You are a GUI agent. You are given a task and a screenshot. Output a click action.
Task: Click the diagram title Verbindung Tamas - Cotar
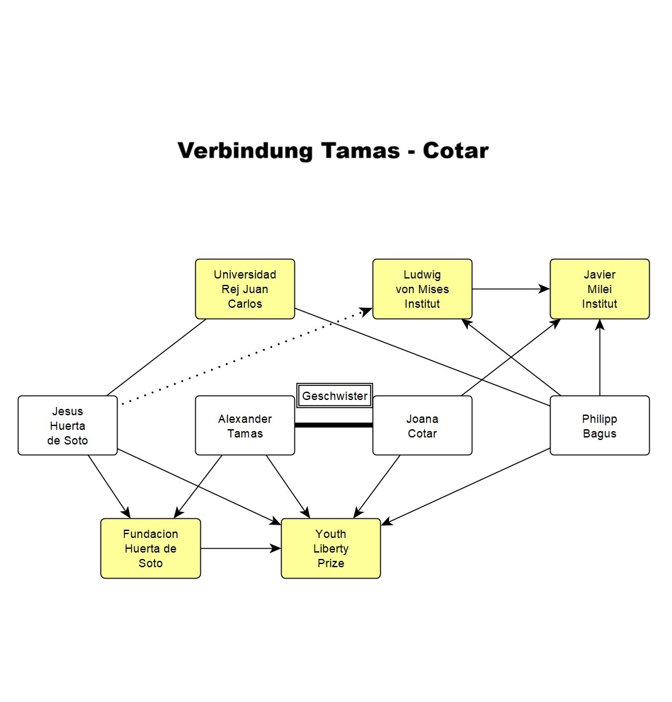click(x=333, y=151)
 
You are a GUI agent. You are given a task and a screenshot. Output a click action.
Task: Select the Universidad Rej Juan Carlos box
click(x=245, y=289)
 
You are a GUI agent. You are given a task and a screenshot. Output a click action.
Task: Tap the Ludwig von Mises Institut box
click(x=422, y=289)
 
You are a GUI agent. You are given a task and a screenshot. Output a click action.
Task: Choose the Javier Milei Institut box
click(x=600, y=289)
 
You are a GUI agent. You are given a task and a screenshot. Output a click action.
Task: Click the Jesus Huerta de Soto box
click(x=67, y=425)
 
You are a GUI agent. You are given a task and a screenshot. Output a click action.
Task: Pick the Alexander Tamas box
click(x=245, y=425)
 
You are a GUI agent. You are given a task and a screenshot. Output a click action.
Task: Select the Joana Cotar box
click(x=422, y=425)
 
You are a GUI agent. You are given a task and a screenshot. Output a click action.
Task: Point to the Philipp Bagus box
click(x=600, y=425)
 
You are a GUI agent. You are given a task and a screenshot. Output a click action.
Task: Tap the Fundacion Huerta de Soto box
click(x=151, y=548)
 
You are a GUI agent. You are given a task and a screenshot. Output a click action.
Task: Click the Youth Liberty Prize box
click(x=331, y=548)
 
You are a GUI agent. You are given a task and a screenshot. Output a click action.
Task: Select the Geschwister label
click(x=334, y=396)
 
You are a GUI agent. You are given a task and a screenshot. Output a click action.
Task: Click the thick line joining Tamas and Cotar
click(x=334, y=425)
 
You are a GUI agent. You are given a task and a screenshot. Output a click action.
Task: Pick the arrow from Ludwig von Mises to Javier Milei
click(x=511, y=289)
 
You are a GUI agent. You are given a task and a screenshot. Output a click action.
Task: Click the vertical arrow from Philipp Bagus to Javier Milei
click(x=600, y=357)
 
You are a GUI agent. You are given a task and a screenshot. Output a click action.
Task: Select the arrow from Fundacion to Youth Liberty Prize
click(x=240, y=548)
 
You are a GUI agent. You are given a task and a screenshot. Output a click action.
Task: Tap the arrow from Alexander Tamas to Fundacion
click(x=198, y=486)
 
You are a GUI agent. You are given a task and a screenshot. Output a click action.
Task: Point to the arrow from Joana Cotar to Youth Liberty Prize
click(x=378, y=486)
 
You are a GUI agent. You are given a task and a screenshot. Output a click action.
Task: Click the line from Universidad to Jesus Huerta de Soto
click(x=156, y=357)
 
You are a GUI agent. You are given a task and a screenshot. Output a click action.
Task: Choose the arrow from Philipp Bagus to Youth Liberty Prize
click(x=466, y=486)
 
